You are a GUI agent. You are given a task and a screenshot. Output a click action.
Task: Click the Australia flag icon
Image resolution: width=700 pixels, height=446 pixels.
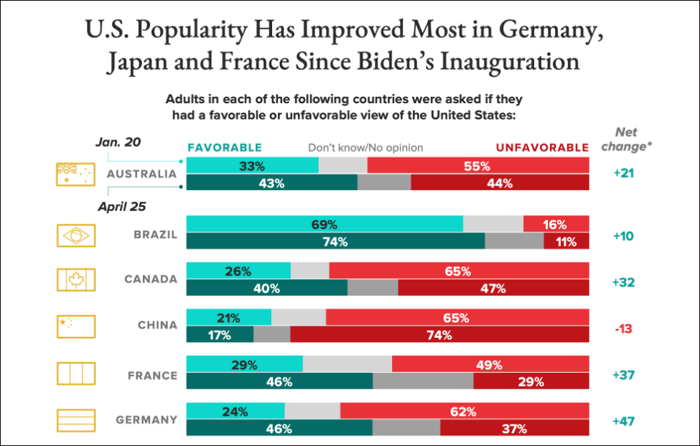click(75, 174)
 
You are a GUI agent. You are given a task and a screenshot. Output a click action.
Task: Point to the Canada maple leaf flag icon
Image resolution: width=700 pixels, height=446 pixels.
click(75, 280)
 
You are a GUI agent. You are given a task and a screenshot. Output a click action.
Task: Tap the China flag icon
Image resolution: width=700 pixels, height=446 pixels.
click(75, 326)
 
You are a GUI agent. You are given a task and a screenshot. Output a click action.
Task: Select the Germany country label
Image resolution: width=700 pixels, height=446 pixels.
click(147, 420)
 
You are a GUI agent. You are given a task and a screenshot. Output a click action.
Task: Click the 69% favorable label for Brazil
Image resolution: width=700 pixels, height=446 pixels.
click(325, 225)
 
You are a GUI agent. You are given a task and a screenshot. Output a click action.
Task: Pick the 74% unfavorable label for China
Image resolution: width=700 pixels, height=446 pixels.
click(439, 335)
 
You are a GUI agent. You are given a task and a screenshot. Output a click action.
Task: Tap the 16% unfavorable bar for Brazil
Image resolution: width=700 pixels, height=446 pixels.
click(556, 225)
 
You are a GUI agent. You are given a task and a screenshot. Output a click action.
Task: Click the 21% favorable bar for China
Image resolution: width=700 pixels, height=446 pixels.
click(229, 318)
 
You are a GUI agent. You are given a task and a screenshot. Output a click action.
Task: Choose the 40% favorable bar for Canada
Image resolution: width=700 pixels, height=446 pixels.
click(266, 289)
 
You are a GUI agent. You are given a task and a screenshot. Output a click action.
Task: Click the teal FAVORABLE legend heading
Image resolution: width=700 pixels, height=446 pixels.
click(225, 148)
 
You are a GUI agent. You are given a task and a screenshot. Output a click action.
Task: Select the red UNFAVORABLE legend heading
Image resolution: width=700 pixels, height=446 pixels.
click(542, 148)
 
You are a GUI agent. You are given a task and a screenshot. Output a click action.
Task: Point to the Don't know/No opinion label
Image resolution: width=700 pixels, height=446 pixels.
click(365, 148)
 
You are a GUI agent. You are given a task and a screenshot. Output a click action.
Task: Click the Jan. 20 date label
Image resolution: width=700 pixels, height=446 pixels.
click(120, 142)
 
